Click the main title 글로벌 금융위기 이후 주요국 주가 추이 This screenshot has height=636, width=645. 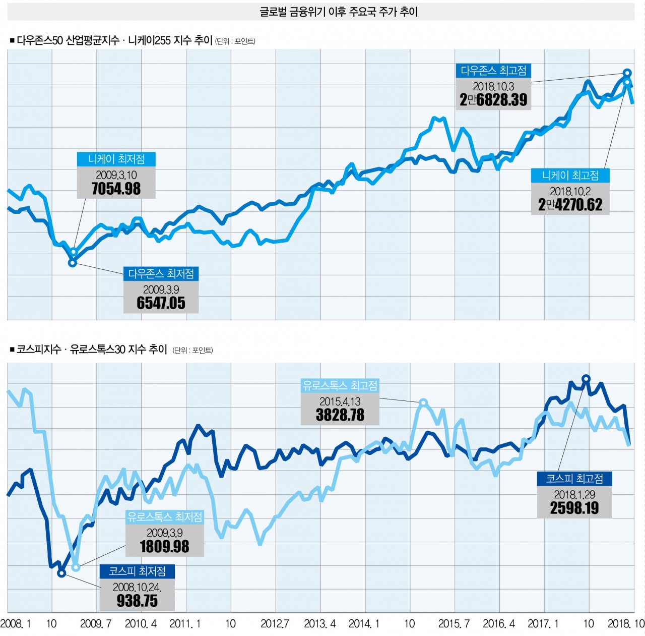click(x=339, y=12)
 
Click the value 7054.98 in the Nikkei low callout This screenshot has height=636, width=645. click(x=116, y=189)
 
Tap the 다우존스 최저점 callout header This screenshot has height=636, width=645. click(x=161, y=274)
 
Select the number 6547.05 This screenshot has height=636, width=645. click(x=161, y=303)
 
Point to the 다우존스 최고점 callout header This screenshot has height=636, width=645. click(x=493, y=71)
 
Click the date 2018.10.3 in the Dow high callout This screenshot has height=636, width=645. click(x=493, y=86)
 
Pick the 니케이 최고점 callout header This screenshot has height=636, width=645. click(x=570, y=176)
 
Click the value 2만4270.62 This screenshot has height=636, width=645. click(x=570, y=205)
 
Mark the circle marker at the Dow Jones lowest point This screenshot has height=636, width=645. click(x=73, y=262)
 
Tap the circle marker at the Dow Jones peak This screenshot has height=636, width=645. click(x=627, y=73)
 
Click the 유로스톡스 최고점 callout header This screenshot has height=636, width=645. click(x=340, y=386)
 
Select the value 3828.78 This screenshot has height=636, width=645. click(x=340, y=415)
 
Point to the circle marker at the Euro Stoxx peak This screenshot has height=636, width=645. click(x=423, y=402)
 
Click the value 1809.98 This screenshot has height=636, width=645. click(x=165, y=547)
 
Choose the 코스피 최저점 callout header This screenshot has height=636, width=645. click(x=137, y=571)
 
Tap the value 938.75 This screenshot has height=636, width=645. click(x=137, y=601)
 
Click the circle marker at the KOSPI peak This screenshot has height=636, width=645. click(x=586, y=378)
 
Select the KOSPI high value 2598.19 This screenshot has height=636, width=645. click(x=574, y=508)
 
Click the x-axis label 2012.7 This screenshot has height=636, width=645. click(x=275, y=624)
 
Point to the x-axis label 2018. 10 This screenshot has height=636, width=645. click(x=626, y=624)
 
